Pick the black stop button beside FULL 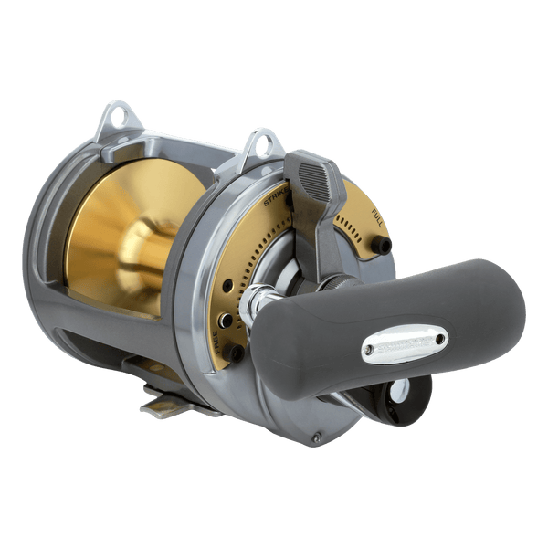(382, 245)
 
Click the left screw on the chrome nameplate (369, 348)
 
